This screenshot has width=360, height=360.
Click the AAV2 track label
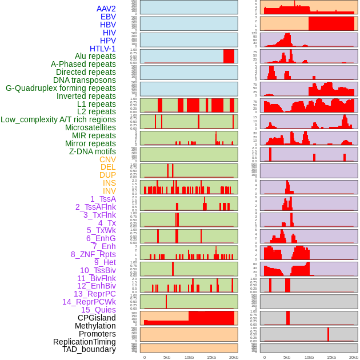coord(106,9)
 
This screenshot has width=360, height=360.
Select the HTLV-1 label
coord(102,49)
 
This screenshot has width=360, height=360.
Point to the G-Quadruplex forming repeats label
coord(61,88)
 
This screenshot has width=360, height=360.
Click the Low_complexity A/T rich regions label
coord(58,119)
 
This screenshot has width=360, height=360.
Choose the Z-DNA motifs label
coord(92,151)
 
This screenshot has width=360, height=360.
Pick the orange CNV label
coord(107,159)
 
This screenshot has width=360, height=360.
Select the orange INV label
coord(109,191)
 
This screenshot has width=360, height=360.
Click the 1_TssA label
coord(103,199)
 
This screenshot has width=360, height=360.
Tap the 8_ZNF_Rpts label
coord(93,254)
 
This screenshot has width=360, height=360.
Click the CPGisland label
coord(97,318)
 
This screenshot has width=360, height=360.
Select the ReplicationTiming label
coord(84,342)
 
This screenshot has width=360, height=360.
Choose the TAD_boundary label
coord(89,349)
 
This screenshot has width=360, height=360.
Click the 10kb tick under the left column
coord(189,357)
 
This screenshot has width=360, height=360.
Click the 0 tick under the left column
coord(144,357)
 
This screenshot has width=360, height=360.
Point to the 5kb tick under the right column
coord(287,357)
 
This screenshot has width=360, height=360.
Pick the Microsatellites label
coord(90,127)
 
